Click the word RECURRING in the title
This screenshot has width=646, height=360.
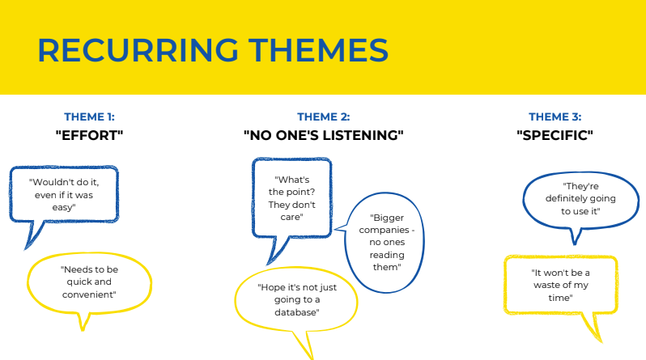pyautogui.click(x=138, y=50)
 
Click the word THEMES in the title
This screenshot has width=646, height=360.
pyautogui.click(x=318, y=50)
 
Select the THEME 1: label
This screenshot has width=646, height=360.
pyautogui.click(x=89, y=117)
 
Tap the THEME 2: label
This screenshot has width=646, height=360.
pyautogui.click(x=324, y=117)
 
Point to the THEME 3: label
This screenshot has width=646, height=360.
pyautogui.click(x=555, y=117)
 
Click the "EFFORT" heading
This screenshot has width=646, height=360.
pyautogui.click(x=89, y=135)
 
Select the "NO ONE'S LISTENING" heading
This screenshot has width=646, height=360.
pyautogui.click(x=324, y=135)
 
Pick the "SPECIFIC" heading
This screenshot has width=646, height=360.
pyautogui.click(x=555, y=135)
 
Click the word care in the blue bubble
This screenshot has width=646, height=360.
pyautogui.click(x=290, y=217)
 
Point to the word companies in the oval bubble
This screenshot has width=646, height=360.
pyautogui.click(x=384, y=231)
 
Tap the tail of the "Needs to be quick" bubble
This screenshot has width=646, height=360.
pyautogui.click(x=83, y=321)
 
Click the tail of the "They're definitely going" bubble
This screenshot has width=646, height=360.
pyautogui.click(x=575, y=236)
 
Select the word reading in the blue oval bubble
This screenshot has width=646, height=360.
pyautogui.click(x=387, y=256)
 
